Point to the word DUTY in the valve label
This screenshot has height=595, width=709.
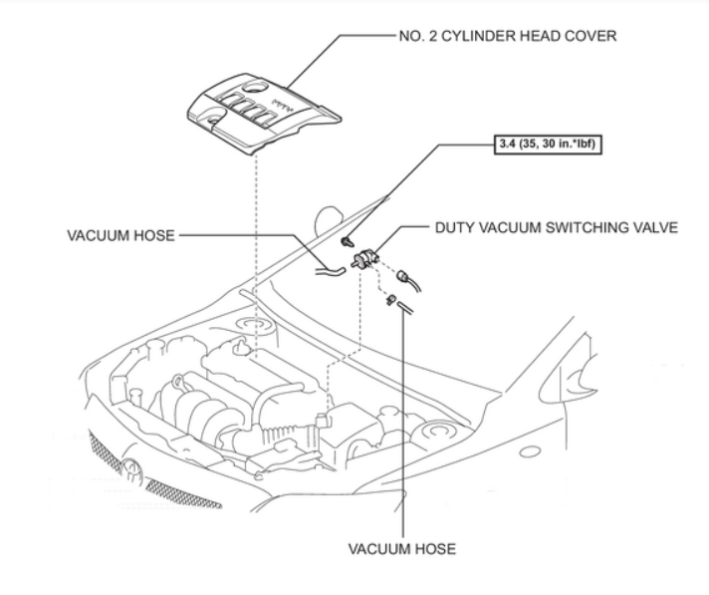tap(457, 227)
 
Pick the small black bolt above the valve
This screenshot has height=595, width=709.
tap(345, 241)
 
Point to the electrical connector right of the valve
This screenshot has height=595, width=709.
tap(406, 278)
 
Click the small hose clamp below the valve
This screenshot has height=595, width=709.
tap(392, 297)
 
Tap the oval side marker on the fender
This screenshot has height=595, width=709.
tap(530, 450)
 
